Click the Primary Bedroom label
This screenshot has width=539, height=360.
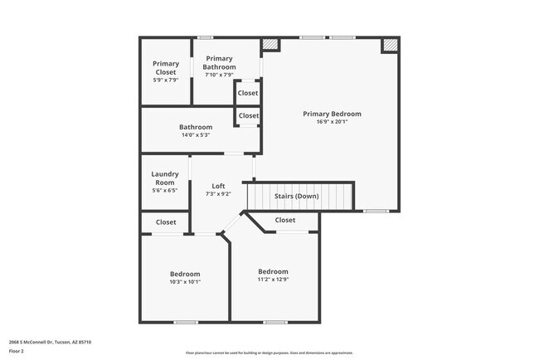click(x=332, y=114)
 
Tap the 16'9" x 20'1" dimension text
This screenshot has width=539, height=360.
click(x=332, y=121)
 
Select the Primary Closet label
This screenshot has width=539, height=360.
click(x=166, y=68)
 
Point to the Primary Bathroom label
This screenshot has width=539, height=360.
click(x=219, y=62)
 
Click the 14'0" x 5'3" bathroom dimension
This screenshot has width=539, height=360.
click(x=196, y=135)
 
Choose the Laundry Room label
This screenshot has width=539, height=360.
click(x=164, y=178)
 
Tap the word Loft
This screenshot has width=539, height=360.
click(x=218, y=186)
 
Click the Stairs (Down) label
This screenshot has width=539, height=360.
click(x=296, y=197)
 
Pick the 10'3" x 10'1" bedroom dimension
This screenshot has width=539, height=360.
click(x=185, y=282)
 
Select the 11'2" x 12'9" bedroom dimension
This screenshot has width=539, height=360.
click(x=273, y=280)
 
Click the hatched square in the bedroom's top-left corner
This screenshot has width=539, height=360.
click(x=269, y=45)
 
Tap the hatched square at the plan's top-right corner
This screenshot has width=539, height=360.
click(x=389, y=46)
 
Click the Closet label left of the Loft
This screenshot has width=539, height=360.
click(x=166, y=222)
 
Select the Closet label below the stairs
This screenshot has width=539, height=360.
click(x=284, y=220)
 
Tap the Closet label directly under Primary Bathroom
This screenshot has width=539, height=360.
click(x=248, y=93)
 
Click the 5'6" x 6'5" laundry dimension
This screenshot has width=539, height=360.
click(x=164, y=191)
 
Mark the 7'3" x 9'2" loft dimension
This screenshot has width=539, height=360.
click(x=218, y=194)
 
